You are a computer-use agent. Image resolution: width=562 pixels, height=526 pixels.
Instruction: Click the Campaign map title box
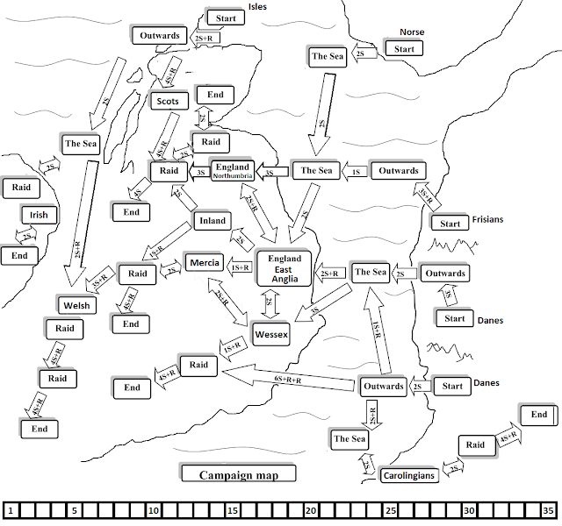coord(238,474)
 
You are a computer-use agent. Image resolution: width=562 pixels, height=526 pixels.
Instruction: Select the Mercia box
coord(204,262)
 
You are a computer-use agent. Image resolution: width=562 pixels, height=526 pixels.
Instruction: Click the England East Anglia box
coord(285,268)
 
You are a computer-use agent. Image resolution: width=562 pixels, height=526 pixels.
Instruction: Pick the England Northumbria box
coord(233,170)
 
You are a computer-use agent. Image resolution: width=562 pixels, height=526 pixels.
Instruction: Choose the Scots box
coord(167,102)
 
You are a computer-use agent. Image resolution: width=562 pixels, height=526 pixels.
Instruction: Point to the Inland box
coord(213,221)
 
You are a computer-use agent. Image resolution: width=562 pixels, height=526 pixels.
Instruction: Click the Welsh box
coord(76,305)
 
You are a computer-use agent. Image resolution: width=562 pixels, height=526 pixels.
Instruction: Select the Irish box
coord(38,215)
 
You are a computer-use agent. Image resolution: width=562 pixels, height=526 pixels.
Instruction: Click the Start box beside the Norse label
coord(404,49)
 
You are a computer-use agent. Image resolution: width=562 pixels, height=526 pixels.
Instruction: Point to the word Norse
coord(411,32)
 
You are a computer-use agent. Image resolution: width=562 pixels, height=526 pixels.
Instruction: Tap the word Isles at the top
coord(257,6)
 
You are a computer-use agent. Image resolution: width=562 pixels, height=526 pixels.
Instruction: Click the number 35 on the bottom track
coord(548,510)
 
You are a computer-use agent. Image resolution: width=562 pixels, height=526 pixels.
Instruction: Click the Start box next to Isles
coord(227,18)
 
